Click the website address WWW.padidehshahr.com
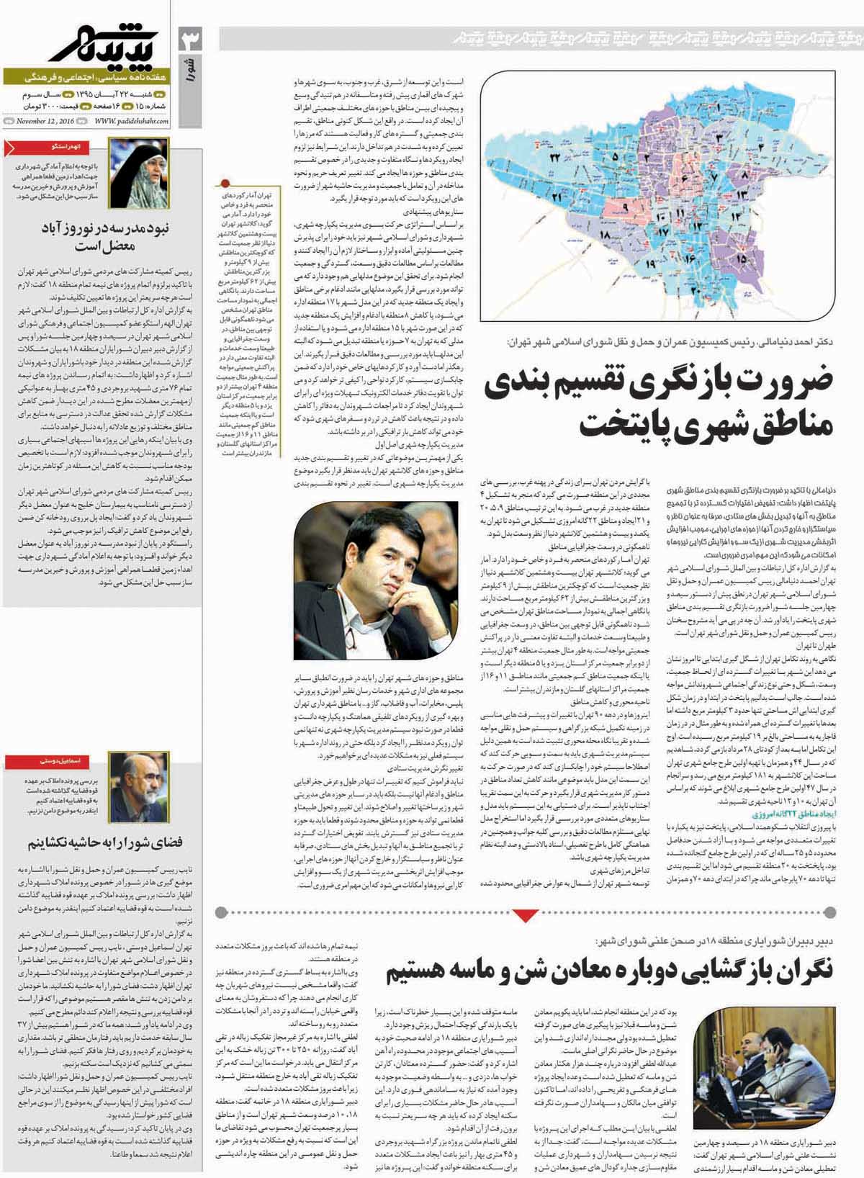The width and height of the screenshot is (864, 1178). (x=130, y=121)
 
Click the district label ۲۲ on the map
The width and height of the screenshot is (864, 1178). (x=556, y=157)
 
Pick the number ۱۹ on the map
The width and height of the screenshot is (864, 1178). (x=651, y=264)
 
